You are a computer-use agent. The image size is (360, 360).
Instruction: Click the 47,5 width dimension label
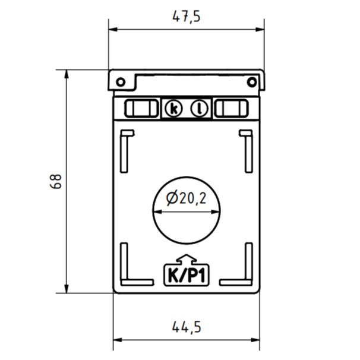tap(187, 17)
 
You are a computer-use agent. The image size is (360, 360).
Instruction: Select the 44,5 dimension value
tap(187, 327)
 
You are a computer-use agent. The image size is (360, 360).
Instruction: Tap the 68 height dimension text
tap(56, 181)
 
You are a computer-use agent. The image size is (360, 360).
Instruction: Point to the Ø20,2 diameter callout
tap(186, 198)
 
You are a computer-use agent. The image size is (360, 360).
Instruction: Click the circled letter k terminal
tap(174, 109)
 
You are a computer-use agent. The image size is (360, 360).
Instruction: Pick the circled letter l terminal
tap(199, 109)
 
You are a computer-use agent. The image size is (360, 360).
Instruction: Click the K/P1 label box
tap(186, 275)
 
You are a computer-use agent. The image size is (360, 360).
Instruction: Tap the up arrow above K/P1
tap(187, 259)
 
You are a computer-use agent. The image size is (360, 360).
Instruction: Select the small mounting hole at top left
tap(121, 82)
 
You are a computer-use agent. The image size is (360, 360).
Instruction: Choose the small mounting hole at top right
tap(252, 82)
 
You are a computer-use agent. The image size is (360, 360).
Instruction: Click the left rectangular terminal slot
tap(141, 108)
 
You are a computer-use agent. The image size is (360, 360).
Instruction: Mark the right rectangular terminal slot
tap(231, 108)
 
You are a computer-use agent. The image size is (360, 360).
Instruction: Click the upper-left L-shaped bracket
tap(127, 151)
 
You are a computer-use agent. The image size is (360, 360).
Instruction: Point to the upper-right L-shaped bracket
tap(246, 151)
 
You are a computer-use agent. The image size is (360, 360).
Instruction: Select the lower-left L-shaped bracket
tap(137, 264)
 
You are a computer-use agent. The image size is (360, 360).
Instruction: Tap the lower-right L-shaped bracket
tap(236, 264)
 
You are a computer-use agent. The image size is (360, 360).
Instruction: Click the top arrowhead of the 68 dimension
tap(67, 74)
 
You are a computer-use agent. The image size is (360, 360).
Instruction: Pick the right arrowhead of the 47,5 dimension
tap(260, 29)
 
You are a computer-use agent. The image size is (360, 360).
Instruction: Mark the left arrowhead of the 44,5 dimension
tap(118, 340)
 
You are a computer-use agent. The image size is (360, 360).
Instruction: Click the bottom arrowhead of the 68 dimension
tap(67, 289)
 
